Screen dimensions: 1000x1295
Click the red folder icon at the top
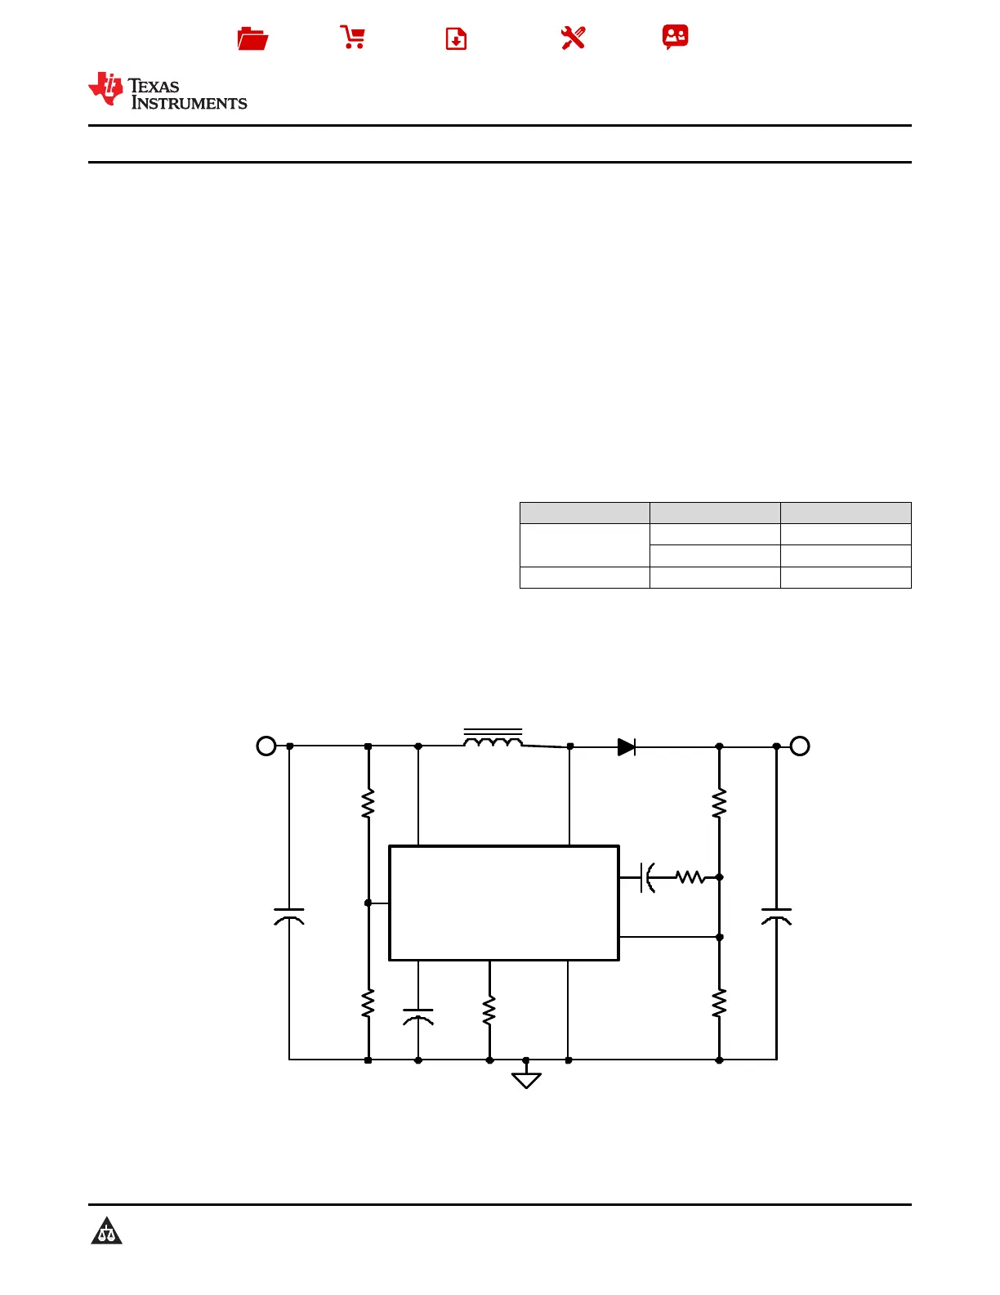(x=252, y=38)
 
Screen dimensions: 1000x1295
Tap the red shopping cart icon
(x=353, y=37)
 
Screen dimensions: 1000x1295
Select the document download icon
(x=456, y=38)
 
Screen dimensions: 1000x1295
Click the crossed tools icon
(x=573, y=38)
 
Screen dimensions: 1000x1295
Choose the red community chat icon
(x=675, y=37)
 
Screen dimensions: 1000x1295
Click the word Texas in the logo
(x=153, y=86)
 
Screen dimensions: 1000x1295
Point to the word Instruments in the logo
(x=189, y=103)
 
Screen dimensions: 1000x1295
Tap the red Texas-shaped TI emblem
(x=105, y=88)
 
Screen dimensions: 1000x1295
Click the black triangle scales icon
(x=106, y=1230)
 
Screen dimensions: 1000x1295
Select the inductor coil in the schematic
(x=493, y=739)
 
